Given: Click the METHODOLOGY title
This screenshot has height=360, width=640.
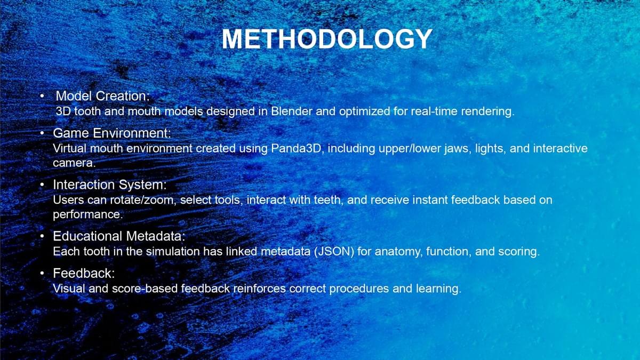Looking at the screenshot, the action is point(327,39).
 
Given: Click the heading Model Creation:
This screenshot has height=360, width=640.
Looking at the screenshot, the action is point(102,96).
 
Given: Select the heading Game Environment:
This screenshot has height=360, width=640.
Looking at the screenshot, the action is point(112,133).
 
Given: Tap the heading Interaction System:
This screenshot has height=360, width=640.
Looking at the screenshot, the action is point(110,185).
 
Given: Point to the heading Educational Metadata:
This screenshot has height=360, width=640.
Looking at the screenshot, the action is point(119,236).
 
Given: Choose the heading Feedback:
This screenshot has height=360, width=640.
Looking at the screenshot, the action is point(84,274).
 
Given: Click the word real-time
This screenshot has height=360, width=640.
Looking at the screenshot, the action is point(434,111).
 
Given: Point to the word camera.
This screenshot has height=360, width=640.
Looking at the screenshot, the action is point(74,163).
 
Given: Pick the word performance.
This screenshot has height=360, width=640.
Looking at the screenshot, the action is point(88,214).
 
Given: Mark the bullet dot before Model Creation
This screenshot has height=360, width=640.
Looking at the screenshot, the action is point(42,96).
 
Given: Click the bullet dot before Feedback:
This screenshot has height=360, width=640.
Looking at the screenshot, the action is point(42,274).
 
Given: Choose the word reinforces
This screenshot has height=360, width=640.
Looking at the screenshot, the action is point(259,289).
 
